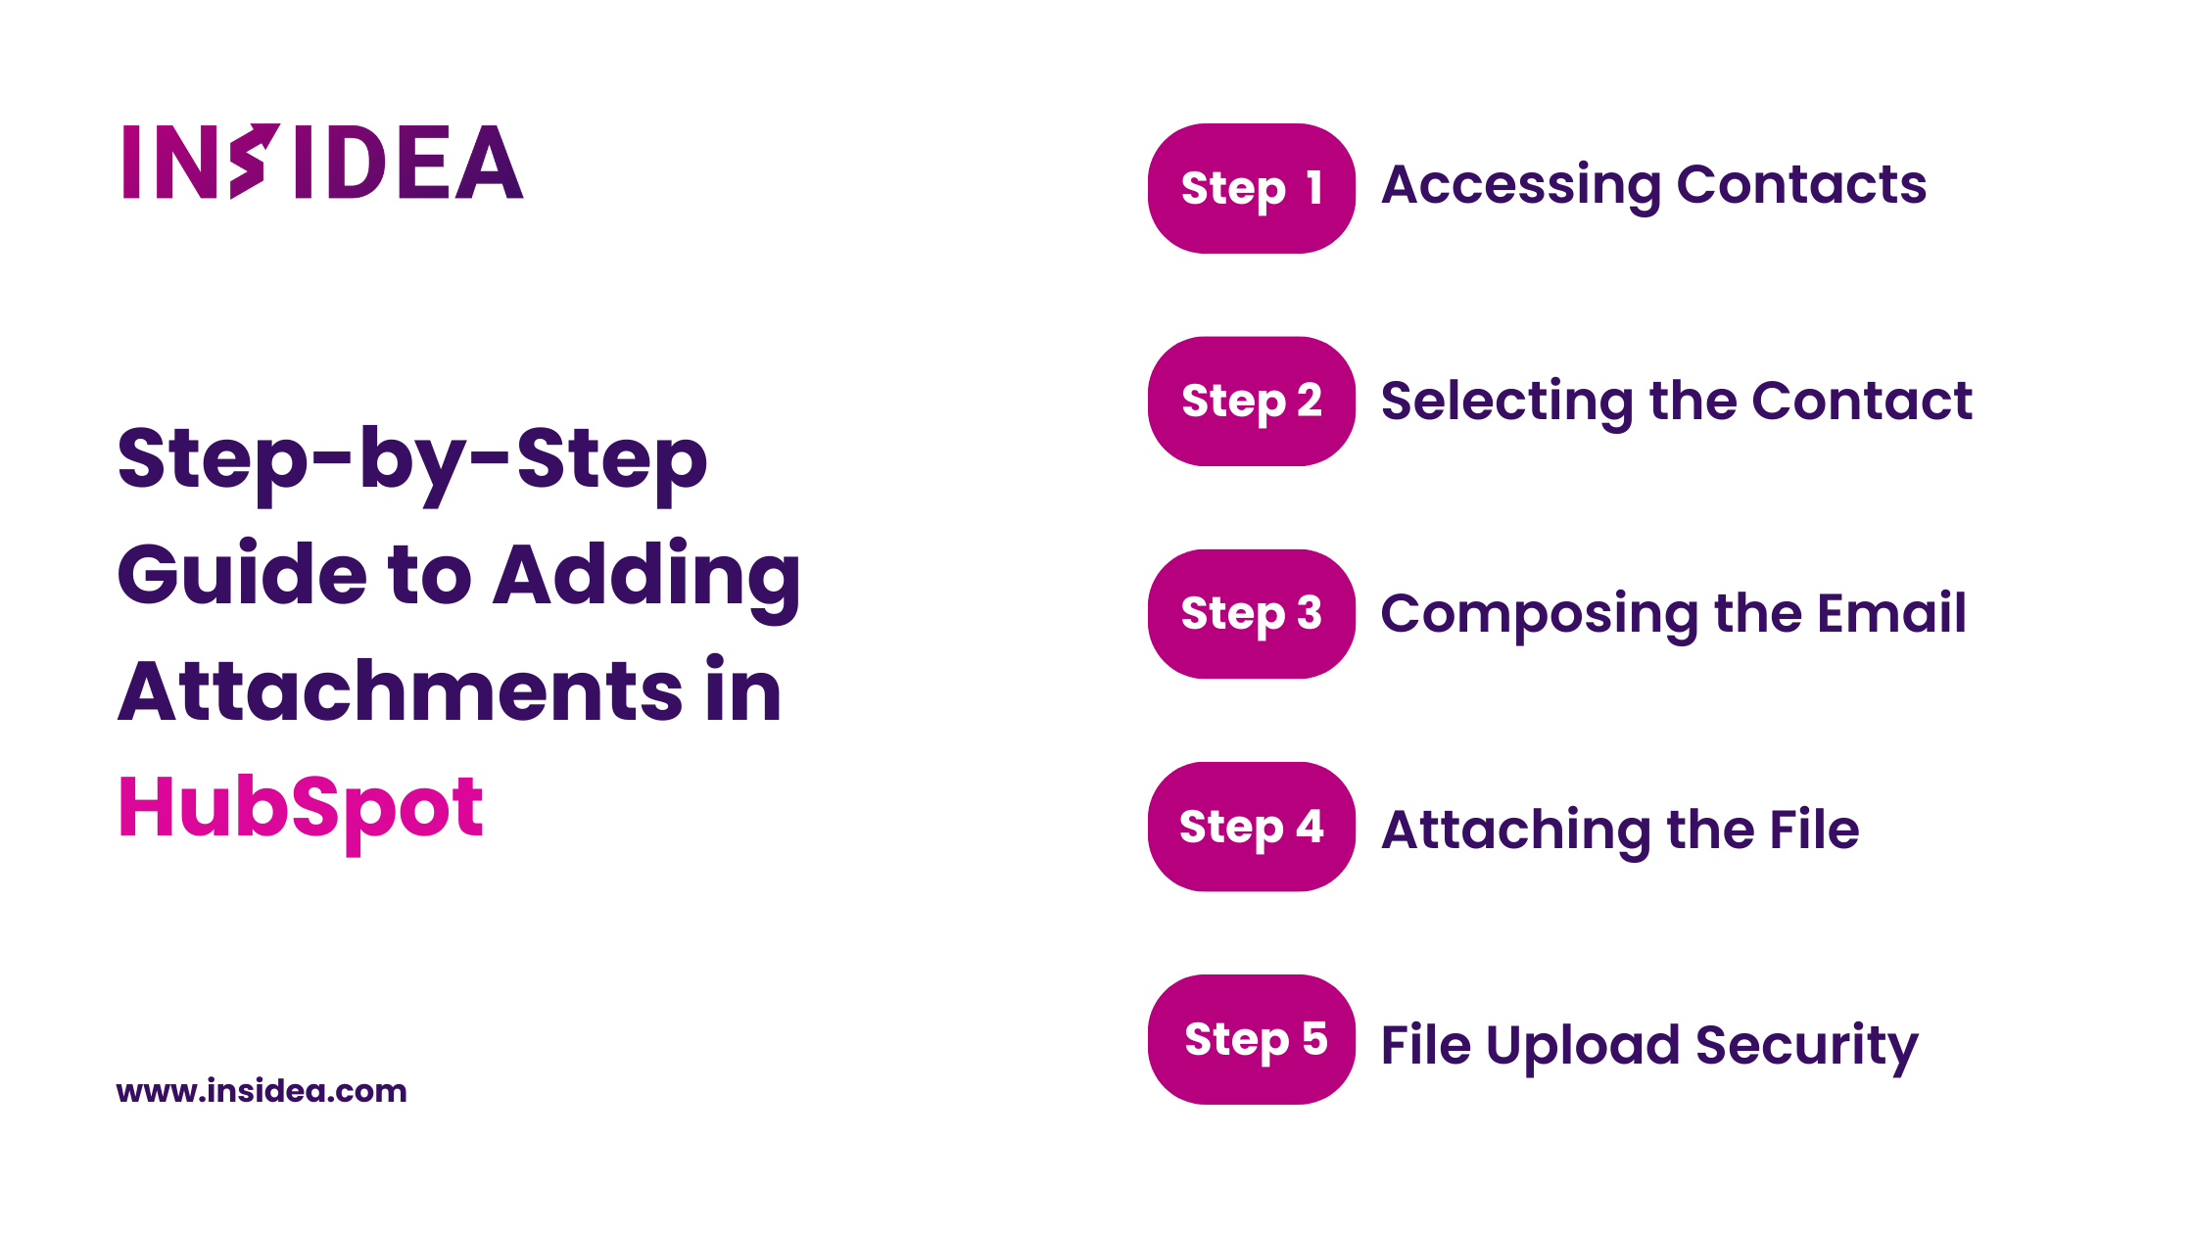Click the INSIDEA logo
[x=322, y=162]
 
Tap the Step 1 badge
[x=1252, y=188]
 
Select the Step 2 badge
[x=1252, y=401]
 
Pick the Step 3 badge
[x=1252, y=614]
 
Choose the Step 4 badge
[x=1252, y=827]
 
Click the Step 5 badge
[x=1252, y=1039]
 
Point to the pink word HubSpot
[x=301, y=810]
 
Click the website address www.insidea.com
[x=262, y=1091]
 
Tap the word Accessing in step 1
[x=1521, y=187]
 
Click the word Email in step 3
[x=1891, y=613]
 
